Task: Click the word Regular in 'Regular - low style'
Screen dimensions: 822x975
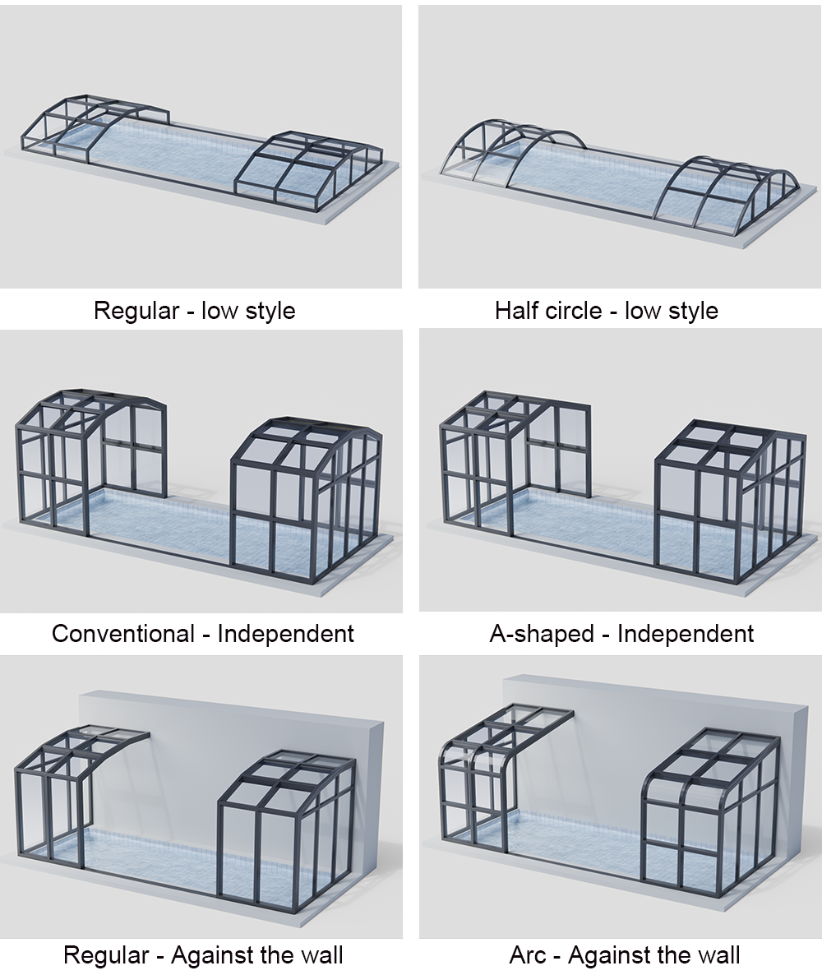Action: [x=136, y=310]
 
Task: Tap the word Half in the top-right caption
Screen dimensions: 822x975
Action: [x=515, y=310]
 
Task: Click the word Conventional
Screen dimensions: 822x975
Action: [x=123, y=634]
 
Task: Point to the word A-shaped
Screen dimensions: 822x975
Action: [x=542, y=634]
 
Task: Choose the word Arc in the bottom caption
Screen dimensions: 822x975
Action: [x=527, y=954]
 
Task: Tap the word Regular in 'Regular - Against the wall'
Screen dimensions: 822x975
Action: [x=106, y=954]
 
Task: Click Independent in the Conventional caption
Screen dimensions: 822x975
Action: [x=285, y=634]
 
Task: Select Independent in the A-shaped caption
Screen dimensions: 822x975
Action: [x=686, y=634]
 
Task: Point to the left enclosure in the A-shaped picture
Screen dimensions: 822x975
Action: [x=515, y=464]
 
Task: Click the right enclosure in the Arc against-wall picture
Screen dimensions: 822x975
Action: [x=709, y=808]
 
